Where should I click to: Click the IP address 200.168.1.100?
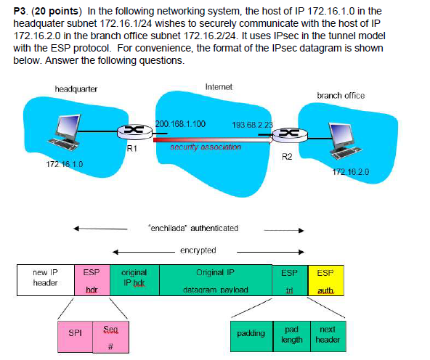tap(182, 124)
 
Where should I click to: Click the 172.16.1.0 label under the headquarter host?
tap(64, 164)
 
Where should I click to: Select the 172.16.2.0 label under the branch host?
tap(351, 172)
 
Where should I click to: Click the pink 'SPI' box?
tap(76, 333)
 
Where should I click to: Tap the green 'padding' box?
tap(251, 333)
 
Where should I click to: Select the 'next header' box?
tap(328, 333)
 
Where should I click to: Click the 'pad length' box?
tap(292, 333)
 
